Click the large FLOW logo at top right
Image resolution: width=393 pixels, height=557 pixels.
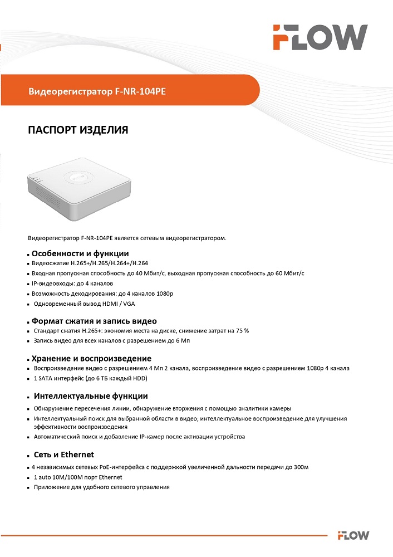pyautogui.click(x=320, y=37)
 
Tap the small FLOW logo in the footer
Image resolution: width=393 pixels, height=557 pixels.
pyautogui.click(x=353, y=536)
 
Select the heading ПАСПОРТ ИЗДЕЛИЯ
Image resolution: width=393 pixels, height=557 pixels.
pyautogui.click(x=78, y=130)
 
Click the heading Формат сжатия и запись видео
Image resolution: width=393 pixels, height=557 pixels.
pyautogui.click(x=94, y=321)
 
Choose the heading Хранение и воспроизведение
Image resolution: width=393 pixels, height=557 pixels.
pyautogui.click(x=91, y=358)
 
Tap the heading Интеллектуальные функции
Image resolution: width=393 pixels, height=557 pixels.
pyautogui.click(x=91, y=396)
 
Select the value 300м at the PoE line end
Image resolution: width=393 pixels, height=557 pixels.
pyautogui.click(x=301, y=467)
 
